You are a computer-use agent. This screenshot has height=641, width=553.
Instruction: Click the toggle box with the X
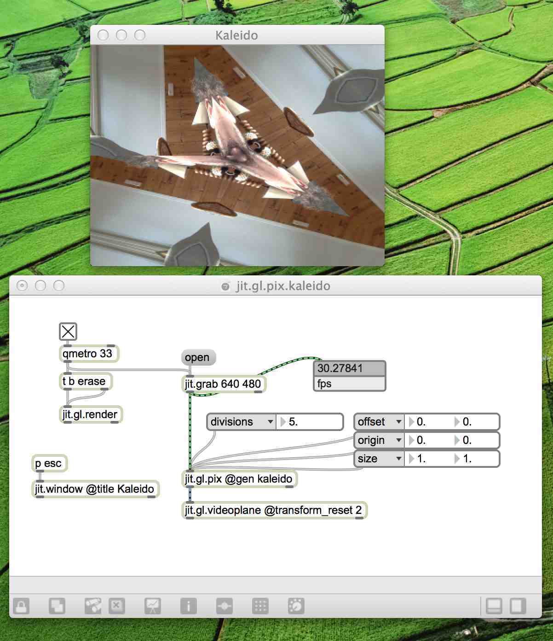point(68,332)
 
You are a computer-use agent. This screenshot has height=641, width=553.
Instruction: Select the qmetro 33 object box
point(89,354)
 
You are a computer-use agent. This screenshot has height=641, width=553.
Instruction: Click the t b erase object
point(86,381)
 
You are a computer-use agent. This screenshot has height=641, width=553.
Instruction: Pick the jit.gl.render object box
point(91,414)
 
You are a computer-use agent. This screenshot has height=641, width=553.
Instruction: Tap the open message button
point(198,357)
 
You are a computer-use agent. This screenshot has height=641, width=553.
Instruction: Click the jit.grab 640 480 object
point(224,384)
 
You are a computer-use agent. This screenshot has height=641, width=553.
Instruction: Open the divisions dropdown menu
point(242,422)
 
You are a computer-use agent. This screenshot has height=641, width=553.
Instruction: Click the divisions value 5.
point(310,422)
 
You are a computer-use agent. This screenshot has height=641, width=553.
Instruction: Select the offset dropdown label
point(379,422)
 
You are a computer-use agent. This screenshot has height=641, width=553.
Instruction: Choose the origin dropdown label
point(379,440)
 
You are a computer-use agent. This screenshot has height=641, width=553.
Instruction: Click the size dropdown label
point(379,459)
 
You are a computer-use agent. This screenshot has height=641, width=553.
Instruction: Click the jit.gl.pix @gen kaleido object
point(239,479)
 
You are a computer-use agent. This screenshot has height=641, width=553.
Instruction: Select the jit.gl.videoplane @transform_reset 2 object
point(274,510)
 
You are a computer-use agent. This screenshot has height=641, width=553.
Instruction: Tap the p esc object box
point(49,463)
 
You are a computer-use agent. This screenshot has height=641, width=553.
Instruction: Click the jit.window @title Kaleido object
point(95,489)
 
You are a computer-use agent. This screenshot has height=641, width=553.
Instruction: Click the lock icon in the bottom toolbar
point(21,606)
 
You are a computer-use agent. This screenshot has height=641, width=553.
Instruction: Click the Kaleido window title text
point(236,35)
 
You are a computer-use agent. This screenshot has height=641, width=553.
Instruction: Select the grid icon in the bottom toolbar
point(260,606)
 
